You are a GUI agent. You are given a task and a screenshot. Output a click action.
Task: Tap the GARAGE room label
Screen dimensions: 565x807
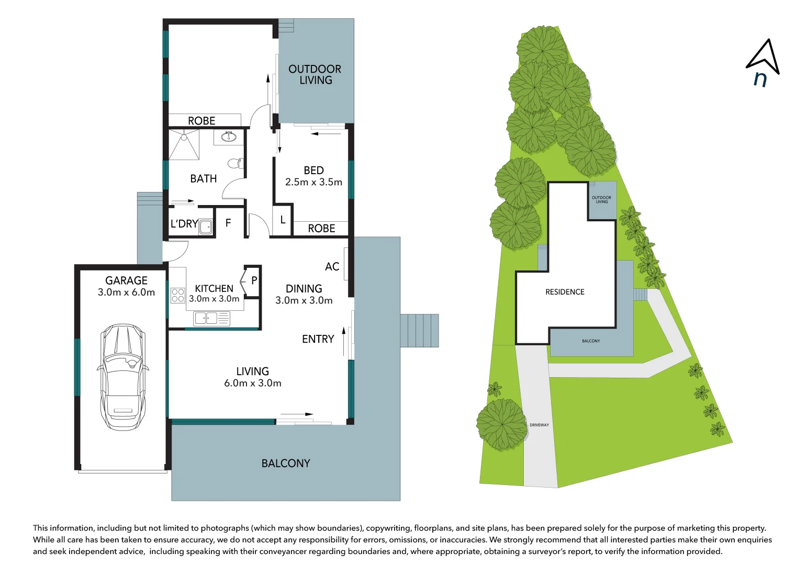tap(126, 281)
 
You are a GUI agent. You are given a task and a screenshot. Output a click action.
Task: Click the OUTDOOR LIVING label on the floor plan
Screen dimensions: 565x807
tap(315, 74)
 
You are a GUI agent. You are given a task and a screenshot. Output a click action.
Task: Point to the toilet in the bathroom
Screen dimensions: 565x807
tap(237, 163)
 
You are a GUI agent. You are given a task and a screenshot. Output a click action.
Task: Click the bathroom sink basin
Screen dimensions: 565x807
tap(229, 137)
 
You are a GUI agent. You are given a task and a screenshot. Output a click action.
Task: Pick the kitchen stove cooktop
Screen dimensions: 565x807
tap(178, 296)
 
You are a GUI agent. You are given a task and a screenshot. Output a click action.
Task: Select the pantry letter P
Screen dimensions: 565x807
tap(254, 281)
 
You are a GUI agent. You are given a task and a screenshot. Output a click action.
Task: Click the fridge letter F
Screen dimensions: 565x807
tap(228, 223)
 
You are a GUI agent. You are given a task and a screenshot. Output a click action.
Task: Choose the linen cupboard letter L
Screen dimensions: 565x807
tap(283, 220)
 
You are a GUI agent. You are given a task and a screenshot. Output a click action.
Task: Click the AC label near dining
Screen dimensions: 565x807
tap(332, 267)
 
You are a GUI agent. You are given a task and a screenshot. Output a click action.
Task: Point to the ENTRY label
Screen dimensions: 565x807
tap(318, 339)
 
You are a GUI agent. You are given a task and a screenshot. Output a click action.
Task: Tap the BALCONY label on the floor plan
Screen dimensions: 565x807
tap(286, 464)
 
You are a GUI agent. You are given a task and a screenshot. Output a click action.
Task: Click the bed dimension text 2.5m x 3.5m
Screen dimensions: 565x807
tap(313, 183)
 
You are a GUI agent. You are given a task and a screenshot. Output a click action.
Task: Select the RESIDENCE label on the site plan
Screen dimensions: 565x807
tap(565, 292)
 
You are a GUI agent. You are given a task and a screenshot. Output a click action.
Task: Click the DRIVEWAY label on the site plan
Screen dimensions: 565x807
tap(539, 425)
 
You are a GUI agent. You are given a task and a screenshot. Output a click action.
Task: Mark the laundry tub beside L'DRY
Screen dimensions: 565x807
tap(206, 227)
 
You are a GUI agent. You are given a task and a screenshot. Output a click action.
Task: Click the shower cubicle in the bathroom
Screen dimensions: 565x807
tap(184, 144)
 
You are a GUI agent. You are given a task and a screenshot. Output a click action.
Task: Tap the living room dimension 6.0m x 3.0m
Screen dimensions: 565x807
tap(253, 383)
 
